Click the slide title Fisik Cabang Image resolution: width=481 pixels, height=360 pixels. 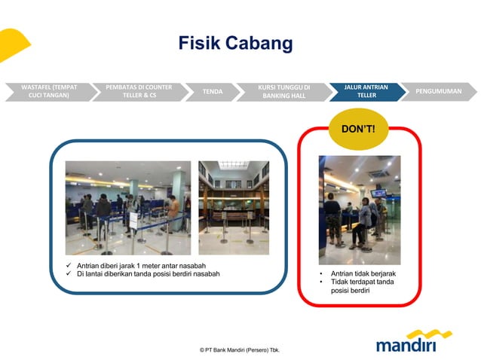235,44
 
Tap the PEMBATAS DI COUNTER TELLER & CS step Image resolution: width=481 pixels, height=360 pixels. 139,91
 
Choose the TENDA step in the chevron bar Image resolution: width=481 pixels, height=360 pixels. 213,91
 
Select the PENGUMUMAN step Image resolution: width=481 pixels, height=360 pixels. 440,91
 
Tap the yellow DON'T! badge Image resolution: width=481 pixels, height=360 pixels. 358,129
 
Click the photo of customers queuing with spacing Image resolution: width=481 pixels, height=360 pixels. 127,207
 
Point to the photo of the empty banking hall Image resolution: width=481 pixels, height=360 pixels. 233,207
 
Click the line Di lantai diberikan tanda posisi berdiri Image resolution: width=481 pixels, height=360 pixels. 148,273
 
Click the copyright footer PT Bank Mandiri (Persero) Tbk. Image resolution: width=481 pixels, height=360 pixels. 240,350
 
